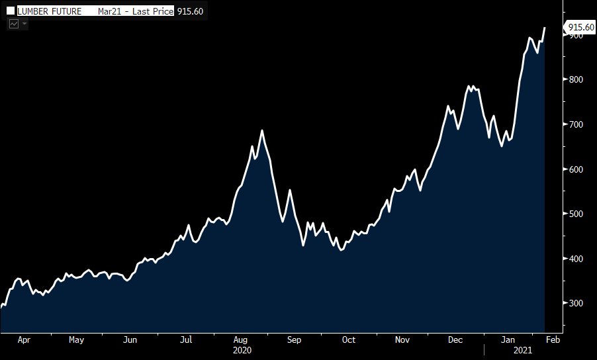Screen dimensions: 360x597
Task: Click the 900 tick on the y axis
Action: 575,35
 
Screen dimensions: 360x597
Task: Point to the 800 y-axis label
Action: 575,79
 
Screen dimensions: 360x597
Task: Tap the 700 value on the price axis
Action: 575,124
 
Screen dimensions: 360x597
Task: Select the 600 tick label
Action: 575,169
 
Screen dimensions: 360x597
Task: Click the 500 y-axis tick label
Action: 575,214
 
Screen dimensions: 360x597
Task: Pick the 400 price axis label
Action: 575,259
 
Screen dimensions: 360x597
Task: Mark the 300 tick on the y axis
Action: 575,303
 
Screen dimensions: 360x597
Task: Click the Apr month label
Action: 24,340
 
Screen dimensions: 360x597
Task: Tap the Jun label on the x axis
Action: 130,340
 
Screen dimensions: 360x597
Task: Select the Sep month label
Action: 295,340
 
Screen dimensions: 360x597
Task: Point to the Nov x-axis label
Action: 402,340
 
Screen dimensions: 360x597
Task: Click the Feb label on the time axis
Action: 553,340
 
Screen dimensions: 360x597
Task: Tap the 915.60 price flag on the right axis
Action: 580,27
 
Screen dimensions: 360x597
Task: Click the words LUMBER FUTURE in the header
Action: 49,11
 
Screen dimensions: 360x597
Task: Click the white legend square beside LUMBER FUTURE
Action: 11,11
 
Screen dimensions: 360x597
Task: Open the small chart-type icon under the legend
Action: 14,24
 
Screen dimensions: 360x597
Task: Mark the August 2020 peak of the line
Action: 262,131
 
